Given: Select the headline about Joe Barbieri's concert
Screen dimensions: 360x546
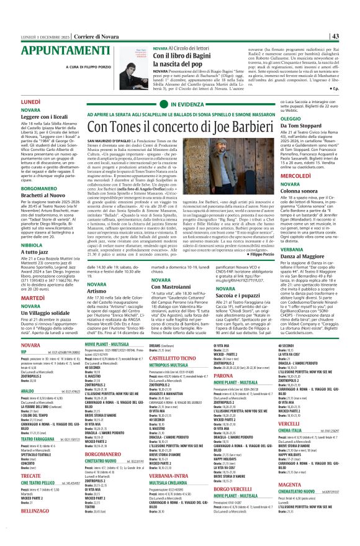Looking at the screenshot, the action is [x=184, y=127].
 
